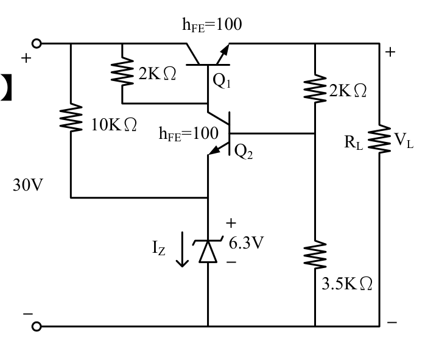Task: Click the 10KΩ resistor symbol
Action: [x=71, y=117]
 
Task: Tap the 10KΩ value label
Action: [x=114, y=124]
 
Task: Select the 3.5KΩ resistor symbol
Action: [x=315, y=254]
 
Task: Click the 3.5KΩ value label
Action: [x=347, y=283]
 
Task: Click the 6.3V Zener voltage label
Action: [x=246, y=242]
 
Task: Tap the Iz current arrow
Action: [x=182, y=249]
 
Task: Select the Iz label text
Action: [x=158, y=248]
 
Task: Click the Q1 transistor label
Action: [x=222, y=80]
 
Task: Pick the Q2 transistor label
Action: [x=244, y=152]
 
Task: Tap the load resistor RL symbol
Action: [x=379, y=139]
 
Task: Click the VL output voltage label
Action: [x=404, y=140]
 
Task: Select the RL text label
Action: [x=354, y=143]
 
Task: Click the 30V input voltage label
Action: [x=28, y=185]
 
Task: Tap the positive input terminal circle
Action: [x=37, y=44]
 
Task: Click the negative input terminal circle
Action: [x=37, y=326]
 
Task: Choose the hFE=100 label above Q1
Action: [x=212, y=25]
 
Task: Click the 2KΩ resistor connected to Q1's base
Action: [x=122, y=71]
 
